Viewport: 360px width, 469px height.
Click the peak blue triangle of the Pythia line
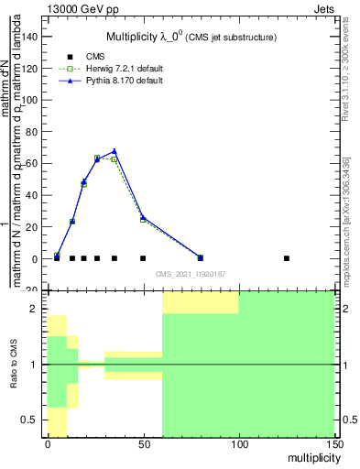click(x=115, y=151)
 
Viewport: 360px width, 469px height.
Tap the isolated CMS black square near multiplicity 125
click(x=287, y=258)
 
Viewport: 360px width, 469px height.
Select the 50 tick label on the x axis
click(x=143, y=444)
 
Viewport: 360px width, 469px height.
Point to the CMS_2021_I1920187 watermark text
click(x=190, y=274)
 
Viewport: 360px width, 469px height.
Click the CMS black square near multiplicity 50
click(x=143, y=258)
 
